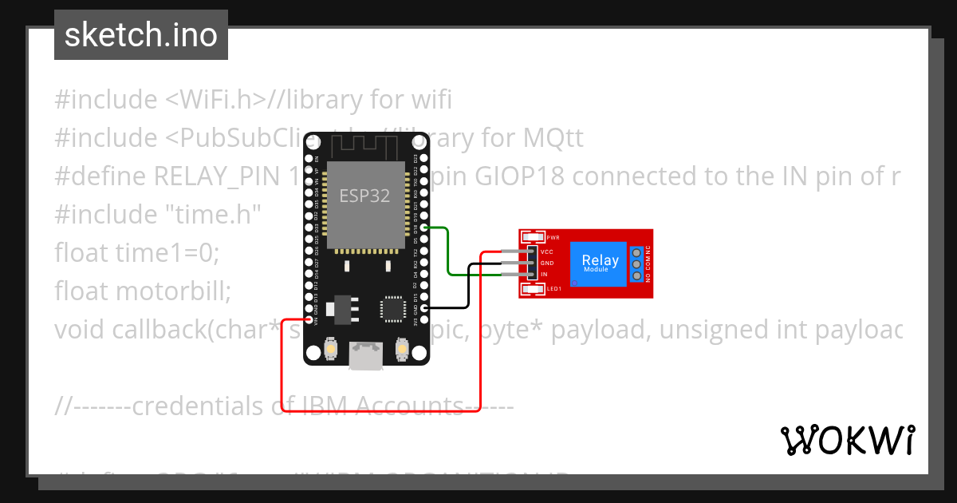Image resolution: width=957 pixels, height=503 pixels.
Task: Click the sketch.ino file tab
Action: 141,35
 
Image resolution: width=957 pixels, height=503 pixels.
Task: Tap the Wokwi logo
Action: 847,440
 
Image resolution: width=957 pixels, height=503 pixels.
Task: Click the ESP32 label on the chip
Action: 364,196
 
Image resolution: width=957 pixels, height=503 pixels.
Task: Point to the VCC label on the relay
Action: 547,252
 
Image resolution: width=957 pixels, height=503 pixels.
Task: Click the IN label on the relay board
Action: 544,274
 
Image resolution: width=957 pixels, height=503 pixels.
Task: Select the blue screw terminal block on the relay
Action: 636,264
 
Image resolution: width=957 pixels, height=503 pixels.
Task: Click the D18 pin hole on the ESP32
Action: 425,228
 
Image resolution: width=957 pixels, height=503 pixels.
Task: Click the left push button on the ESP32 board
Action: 331,349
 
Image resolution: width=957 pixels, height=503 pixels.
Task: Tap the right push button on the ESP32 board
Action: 402,349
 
